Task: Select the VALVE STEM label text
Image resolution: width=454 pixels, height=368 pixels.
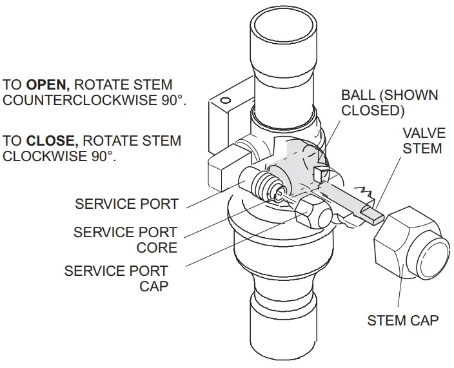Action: (x=423, y=140)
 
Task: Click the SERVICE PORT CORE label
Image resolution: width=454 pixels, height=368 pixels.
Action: (x=125, y=240)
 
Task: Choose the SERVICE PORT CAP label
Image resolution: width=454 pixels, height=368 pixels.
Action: (x=116, y=278)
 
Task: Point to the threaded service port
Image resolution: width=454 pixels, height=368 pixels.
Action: (x=262, y=187)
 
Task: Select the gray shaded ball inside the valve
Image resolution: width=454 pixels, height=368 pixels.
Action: (x=298, y=164)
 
